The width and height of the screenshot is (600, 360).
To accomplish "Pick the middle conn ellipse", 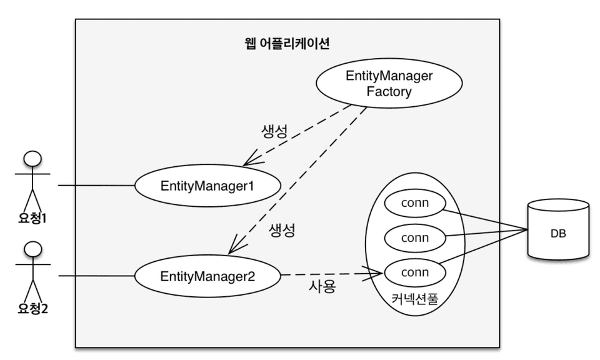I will [414, 238].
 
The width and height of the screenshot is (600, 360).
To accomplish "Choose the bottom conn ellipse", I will [414, 272].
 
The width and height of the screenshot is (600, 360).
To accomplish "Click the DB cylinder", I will [558, 232].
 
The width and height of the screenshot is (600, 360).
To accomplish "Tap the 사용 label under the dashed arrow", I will [322, 288].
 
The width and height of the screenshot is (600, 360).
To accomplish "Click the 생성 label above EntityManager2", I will [281, 229].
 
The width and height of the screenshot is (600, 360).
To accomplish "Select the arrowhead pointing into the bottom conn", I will [377, 272].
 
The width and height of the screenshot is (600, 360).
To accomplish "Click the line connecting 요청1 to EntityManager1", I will [97, 186].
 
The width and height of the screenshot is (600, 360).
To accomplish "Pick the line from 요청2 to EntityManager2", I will [97, 276].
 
